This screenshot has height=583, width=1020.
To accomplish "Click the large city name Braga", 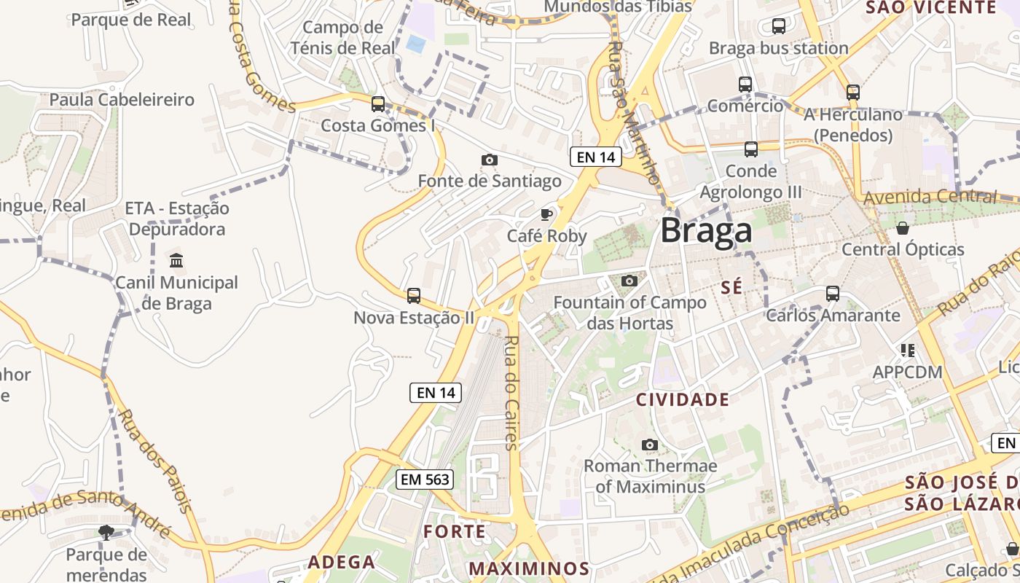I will (706, 231).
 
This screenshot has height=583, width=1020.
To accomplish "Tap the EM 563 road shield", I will (425, 479).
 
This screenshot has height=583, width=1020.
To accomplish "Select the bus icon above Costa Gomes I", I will (377, 103).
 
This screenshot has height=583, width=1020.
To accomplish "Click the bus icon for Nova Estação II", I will (413, 295).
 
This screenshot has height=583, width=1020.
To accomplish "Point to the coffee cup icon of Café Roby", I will (546, 214).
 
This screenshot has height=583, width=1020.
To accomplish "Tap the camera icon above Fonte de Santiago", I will (490, 160).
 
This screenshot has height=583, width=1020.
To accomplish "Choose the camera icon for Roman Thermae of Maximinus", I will (650, 445).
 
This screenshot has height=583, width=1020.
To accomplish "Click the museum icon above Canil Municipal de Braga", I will (176, 260).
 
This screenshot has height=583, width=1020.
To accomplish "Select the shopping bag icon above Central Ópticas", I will (903, 228).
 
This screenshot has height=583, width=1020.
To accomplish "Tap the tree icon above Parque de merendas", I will (106, 533).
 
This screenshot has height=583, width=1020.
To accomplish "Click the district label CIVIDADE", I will (683, 399).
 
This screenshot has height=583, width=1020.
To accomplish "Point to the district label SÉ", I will (731, 287).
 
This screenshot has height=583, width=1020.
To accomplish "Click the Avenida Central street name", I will (929, 197).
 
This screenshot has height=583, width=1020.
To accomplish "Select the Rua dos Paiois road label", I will (155, 461).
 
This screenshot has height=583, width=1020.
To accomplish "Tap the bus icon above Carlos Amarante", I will (833, 293).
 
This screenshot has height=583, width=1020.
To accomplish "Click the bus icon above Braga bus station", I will (778, 26).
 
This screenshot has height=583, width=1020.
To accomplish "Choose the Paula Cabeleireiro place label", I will (122, 100).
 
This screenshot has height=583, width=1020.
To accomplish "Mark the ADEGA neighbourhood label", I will (341, 562).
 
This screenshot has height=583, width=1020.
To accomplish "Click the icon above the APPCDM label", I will (907, 351).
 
